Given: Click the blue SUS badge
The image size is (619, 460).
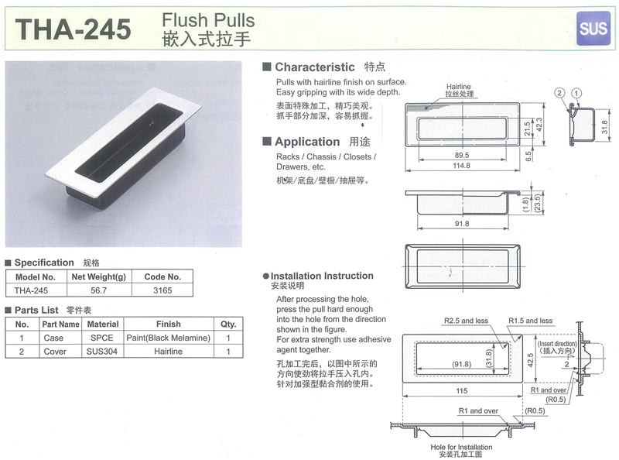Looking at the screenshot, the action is click(593, 29).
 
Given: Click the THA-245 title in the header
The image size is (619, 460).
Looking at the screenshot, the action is click(73, 29).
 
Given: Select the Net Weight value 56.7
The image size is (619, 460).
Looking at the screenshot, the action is click(99, 290).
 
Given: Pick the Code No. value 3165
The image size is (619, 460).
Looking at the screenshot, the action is click(162, 290).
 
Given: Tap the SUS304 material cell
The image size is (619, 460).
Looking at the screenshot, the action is click(102, 352).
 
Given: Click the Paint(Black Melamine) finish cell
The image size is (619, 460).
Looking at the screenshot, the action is click(168, 338).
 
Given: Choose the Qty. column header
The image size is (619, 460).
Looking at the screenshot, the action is click(228, 324).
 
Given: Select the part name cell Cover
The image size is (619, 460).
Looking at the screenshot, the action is click(55, 352).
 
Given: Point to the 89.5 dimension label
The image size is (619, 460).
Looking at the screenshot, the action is click(461, 156).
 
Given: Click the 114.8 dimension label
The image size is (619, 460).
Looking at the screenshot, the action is click(461, 166).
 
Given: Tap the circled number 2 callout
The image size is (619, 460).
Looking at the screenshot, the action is click(559, 93).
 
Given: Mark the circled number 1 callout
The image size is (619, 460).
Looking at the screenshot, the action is click(576, 93).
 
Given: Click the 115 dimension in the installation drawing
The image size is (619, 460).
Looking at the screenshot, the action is click(461, 391).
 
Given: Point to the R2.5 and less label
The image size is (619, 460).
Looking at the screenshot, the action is click(467, 321).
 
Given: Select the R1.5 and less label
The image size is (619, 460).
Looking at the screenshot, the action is click(531, 321).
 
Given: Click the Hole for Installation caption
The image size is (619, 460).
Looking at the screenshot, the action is click(461, 447).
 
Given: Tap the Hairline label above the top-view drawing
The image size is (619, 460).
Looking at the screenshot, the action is click(459, 87).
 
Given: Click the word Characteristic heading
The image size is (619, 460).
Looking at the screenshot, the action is click(315, 67).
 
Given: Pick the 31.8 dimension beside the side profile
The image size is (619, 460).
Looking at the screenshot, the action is click(605, 127).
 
